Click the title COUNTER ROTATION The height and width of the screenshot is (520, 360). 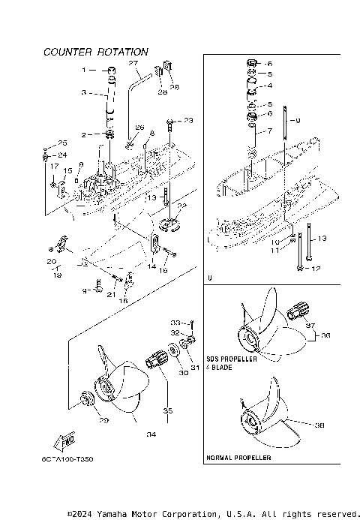[x=95, y=53]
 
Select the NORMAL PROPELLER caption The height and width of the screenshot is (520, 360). [x=238, y=457]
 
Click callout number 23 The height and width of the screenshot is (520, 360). [x=187, y=120]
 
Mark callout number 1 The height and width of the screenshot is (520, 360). [x=85, y=69]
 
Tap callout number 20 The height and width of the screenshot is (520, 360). [x=52, y=261]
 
